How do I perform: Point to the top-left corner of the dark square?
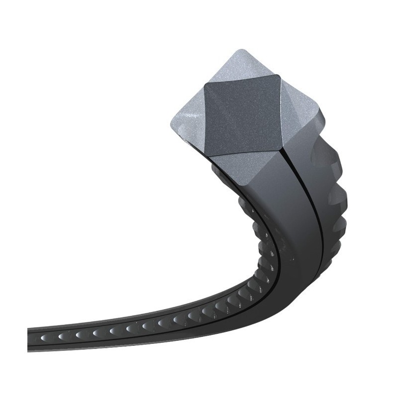click(x=204, y=86)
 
